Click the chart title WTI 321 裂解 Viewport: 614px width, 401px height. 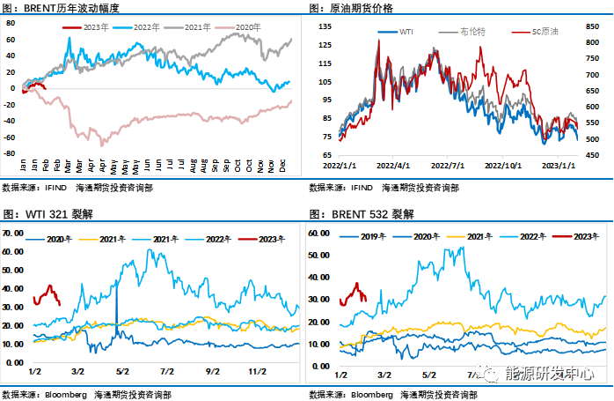tap(58, 214)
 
